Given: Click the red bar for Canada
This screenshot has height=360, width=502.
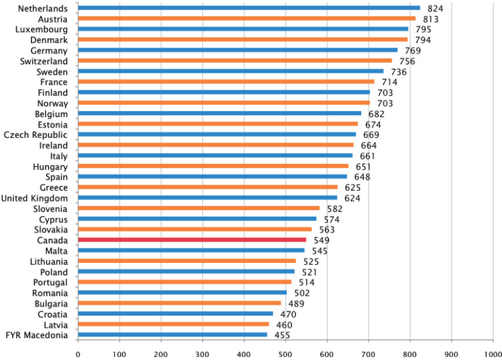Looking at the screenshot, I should pos(192,240).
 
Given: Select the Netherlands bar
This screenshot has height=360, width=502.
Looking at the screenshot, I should pos(249,8).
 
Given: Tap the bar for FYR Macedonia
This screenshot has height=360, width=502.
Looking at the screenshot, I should pos(172,335).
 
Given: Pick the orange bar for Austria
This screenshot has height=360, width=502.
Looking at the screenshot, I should pos(246,18).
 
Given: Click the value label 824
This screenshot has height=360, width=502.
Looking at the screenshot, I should pos(435,8).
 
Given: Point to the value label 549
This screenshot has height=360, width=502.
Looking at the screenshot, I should pos(321,240).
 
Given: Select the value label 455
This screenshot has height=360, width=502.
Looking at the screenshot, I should pos(282,335).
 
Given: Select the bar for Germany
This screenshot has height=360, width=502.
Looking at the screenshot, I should pos(237,50).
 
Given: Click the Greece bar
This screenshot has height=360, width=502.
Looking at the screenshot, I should pos(208,187).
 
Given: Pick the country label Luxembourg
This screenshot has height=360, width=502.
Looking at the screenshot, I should pos(42,29).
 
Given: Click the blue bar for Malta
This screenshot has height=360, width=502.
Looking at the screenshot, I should pos(191,250).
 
